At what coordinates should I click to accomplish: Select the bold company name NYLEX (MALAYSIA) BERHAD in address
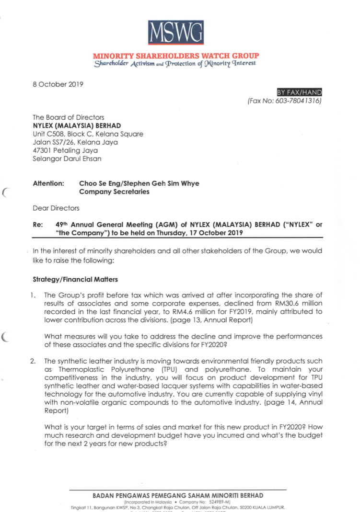click(x=76, y=125)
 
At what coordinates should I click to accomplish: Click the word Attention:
click(x=48, y=183)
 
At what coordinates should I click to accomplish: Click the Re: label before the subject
click(x=37, y=224)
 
